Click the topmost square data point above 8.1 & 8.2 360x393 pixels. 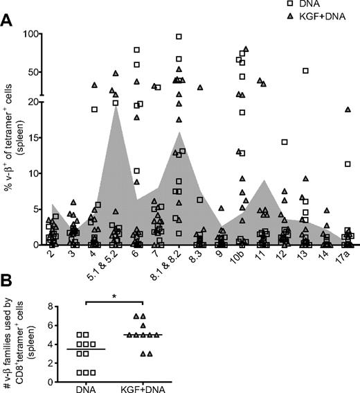pos(179,37)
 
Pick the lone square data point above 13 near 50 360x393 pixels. pos(305,71)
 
